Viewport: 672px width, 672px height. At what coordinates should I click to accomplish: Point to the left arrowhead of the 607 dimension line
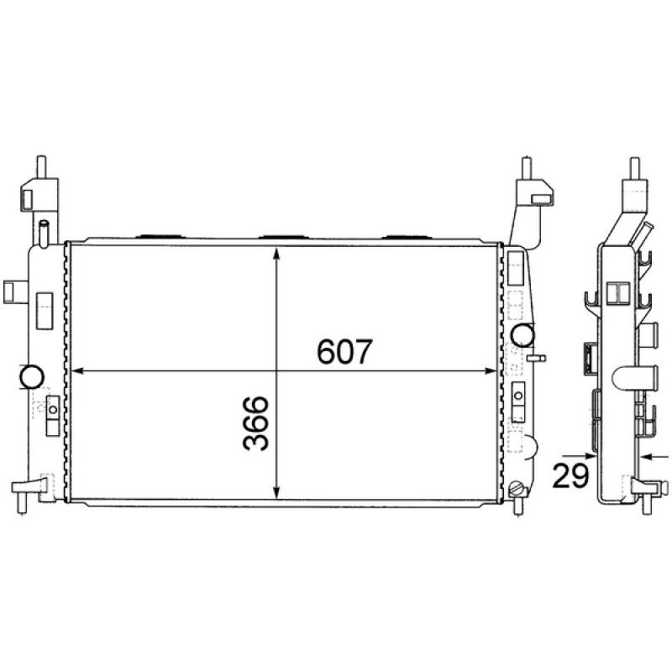[79, 370]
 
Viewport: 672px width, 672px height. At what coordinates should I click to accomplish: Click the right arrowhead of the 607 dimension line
[495, 370]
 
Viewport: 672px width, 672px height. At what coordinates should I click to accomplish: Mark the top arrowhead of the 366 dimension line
[278, 253]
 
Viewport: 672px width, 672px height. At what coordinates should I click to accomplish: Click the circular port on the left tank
[33, 375]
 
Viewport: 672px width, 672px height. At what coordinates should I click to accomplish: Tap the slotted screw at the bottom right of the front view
[517, 488]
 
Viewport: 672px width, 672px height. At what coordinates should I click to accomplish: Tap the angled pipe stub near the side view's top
[646, 231]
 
